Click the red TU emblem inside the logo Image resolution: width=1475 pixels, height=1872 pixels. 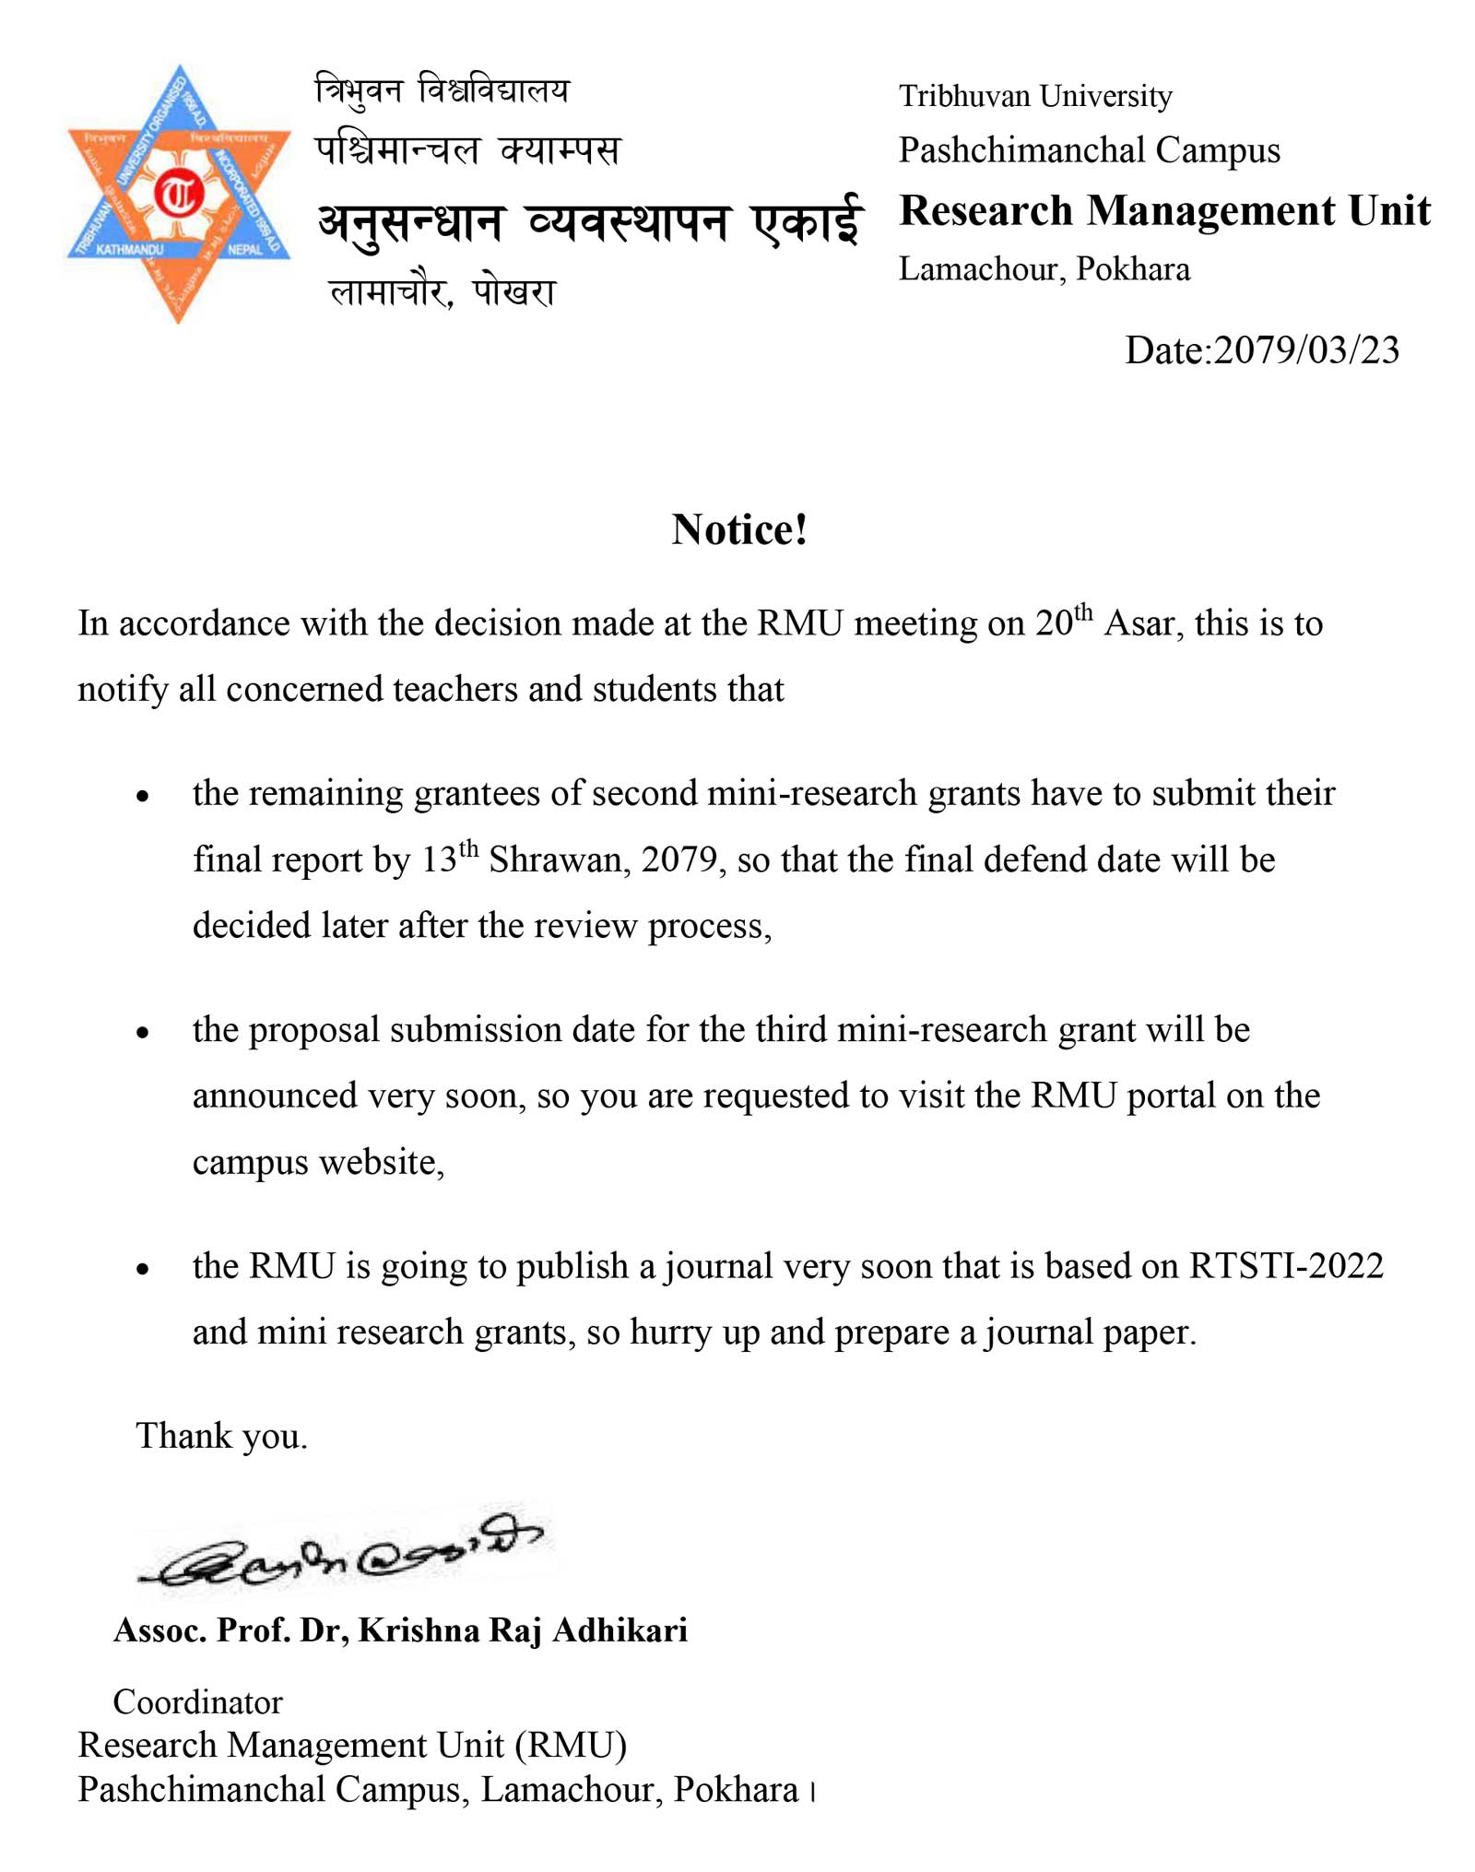178,194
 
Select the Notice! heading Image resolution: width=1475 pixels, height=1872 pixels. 739,530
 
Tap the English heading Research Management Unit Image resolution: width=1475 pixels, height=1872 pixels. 1164,211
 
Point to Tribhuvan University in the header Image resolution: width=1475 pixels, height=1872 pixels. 1034,96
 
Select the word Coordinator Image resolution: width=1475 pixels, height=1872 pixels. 197,1702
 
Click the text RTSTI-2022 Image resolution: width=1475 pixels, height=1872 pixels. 1285,1266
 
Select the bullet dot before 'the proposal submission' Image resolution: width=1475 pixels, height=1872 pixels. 142,1033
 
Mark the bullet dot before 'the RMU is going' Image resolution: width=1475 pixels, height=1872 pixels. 142,1270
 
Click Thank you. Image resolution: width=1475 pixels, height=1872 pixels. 221,1437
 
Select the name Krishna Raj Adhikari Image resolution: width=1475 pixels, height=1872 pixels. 523,1630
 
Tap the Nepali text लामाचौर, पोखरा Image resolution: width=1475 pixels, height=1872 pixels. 442,292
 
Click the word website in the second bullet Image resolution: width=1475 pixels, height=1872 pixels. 381,1163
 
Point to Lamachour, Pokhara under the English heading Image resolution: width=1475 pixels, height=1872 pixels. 1044,269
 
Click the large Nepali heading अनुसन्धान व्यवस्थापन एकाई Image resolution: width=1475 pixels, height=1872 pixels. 590,224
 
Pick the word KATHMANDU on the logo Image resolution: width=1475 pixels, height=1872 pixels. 129,250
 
